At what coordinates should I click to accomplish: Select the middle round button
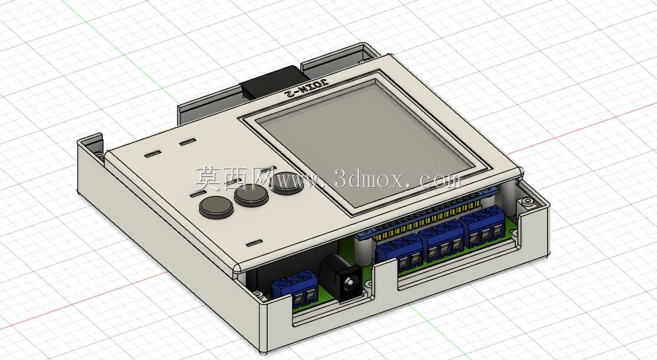point(251,195)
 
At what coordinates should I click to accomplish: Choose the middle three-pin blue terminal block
point(441,242)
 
